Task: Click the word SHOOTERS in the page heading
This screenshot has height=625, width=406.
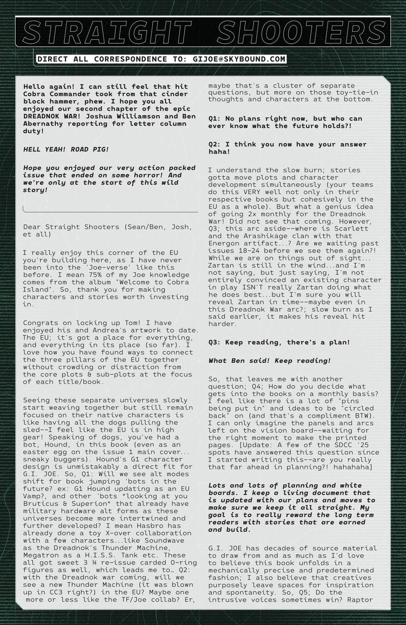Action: [x=299, y=32]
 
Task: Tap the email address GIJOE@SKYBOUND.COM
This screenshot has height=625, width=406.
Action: [x=239, y=59]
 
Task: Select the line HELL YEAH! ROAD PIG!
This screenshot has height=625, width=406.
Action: [x=66, y=149]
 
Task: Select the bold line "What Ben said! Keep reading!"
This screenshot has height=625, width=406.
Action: [x=269, y=361]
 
